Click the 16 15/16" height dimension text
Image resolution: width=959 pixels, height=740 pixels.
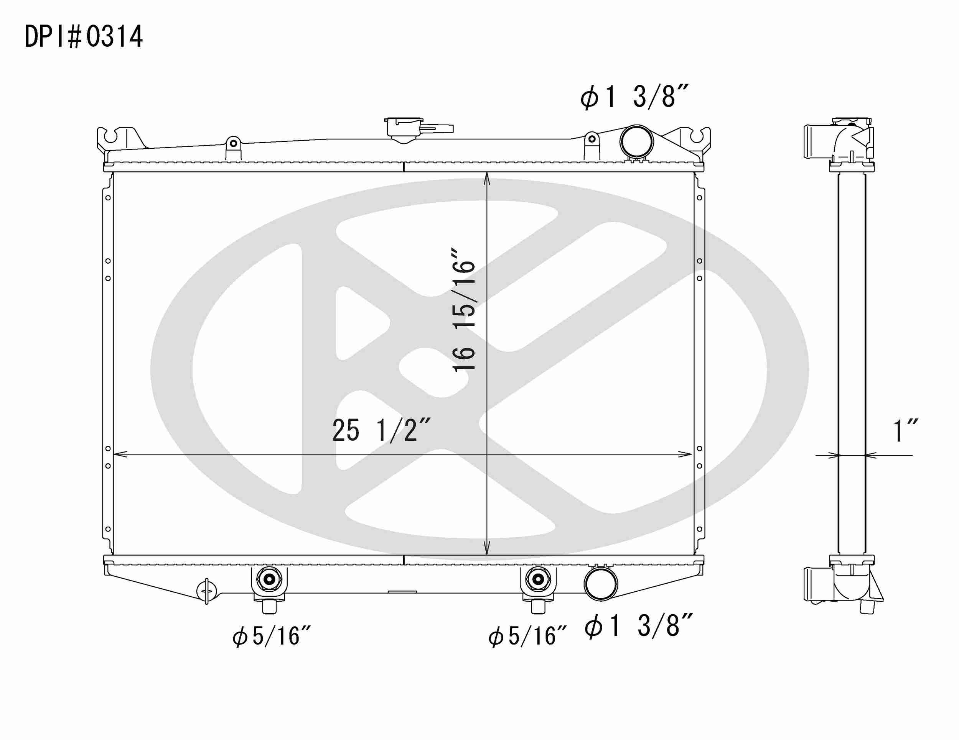[464, 310]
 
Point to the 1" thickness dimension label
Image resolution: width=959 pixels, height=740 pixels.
[905, 431]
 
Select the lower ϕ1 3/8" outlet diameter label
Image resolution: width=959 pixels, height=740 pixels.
[639, 626]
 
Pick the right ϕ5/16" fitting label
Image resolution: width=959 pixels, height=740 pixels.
[527, 636]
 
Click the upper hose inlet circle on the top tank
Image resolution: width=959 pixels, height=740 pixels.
[636, 141]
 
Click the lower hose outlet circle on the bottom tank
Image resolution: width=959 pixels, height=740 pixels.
[601, 584]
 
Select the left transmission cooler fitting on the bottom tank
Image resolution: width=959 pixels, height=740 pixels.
[269, 580]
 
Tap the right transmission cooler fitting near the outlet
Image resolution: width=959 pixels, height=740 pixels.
[538, 580]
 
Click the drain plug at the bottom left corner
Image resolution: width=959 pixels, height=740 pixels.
[207, 591]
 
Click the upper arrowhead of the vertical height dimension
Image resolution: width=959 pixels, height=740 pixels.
[486, 178]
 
